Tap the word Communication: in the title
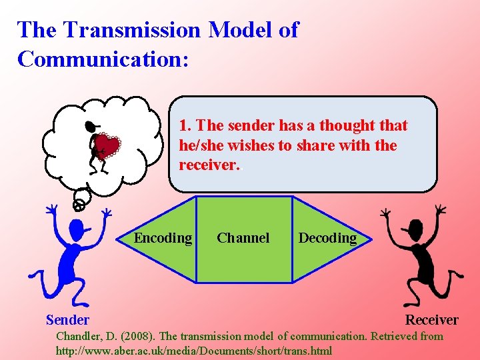(103, 59)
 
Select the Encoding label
(163, 238)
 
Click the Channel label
(243, 238)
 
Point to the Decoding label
(327, 238)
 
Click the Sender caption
(67, 320)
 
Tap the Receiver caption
(432, 320)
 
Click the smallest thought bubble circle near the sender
(79, 205)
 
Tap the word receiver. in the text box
(209, 165)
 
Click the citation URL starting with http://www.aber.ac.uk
(193, 350)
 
